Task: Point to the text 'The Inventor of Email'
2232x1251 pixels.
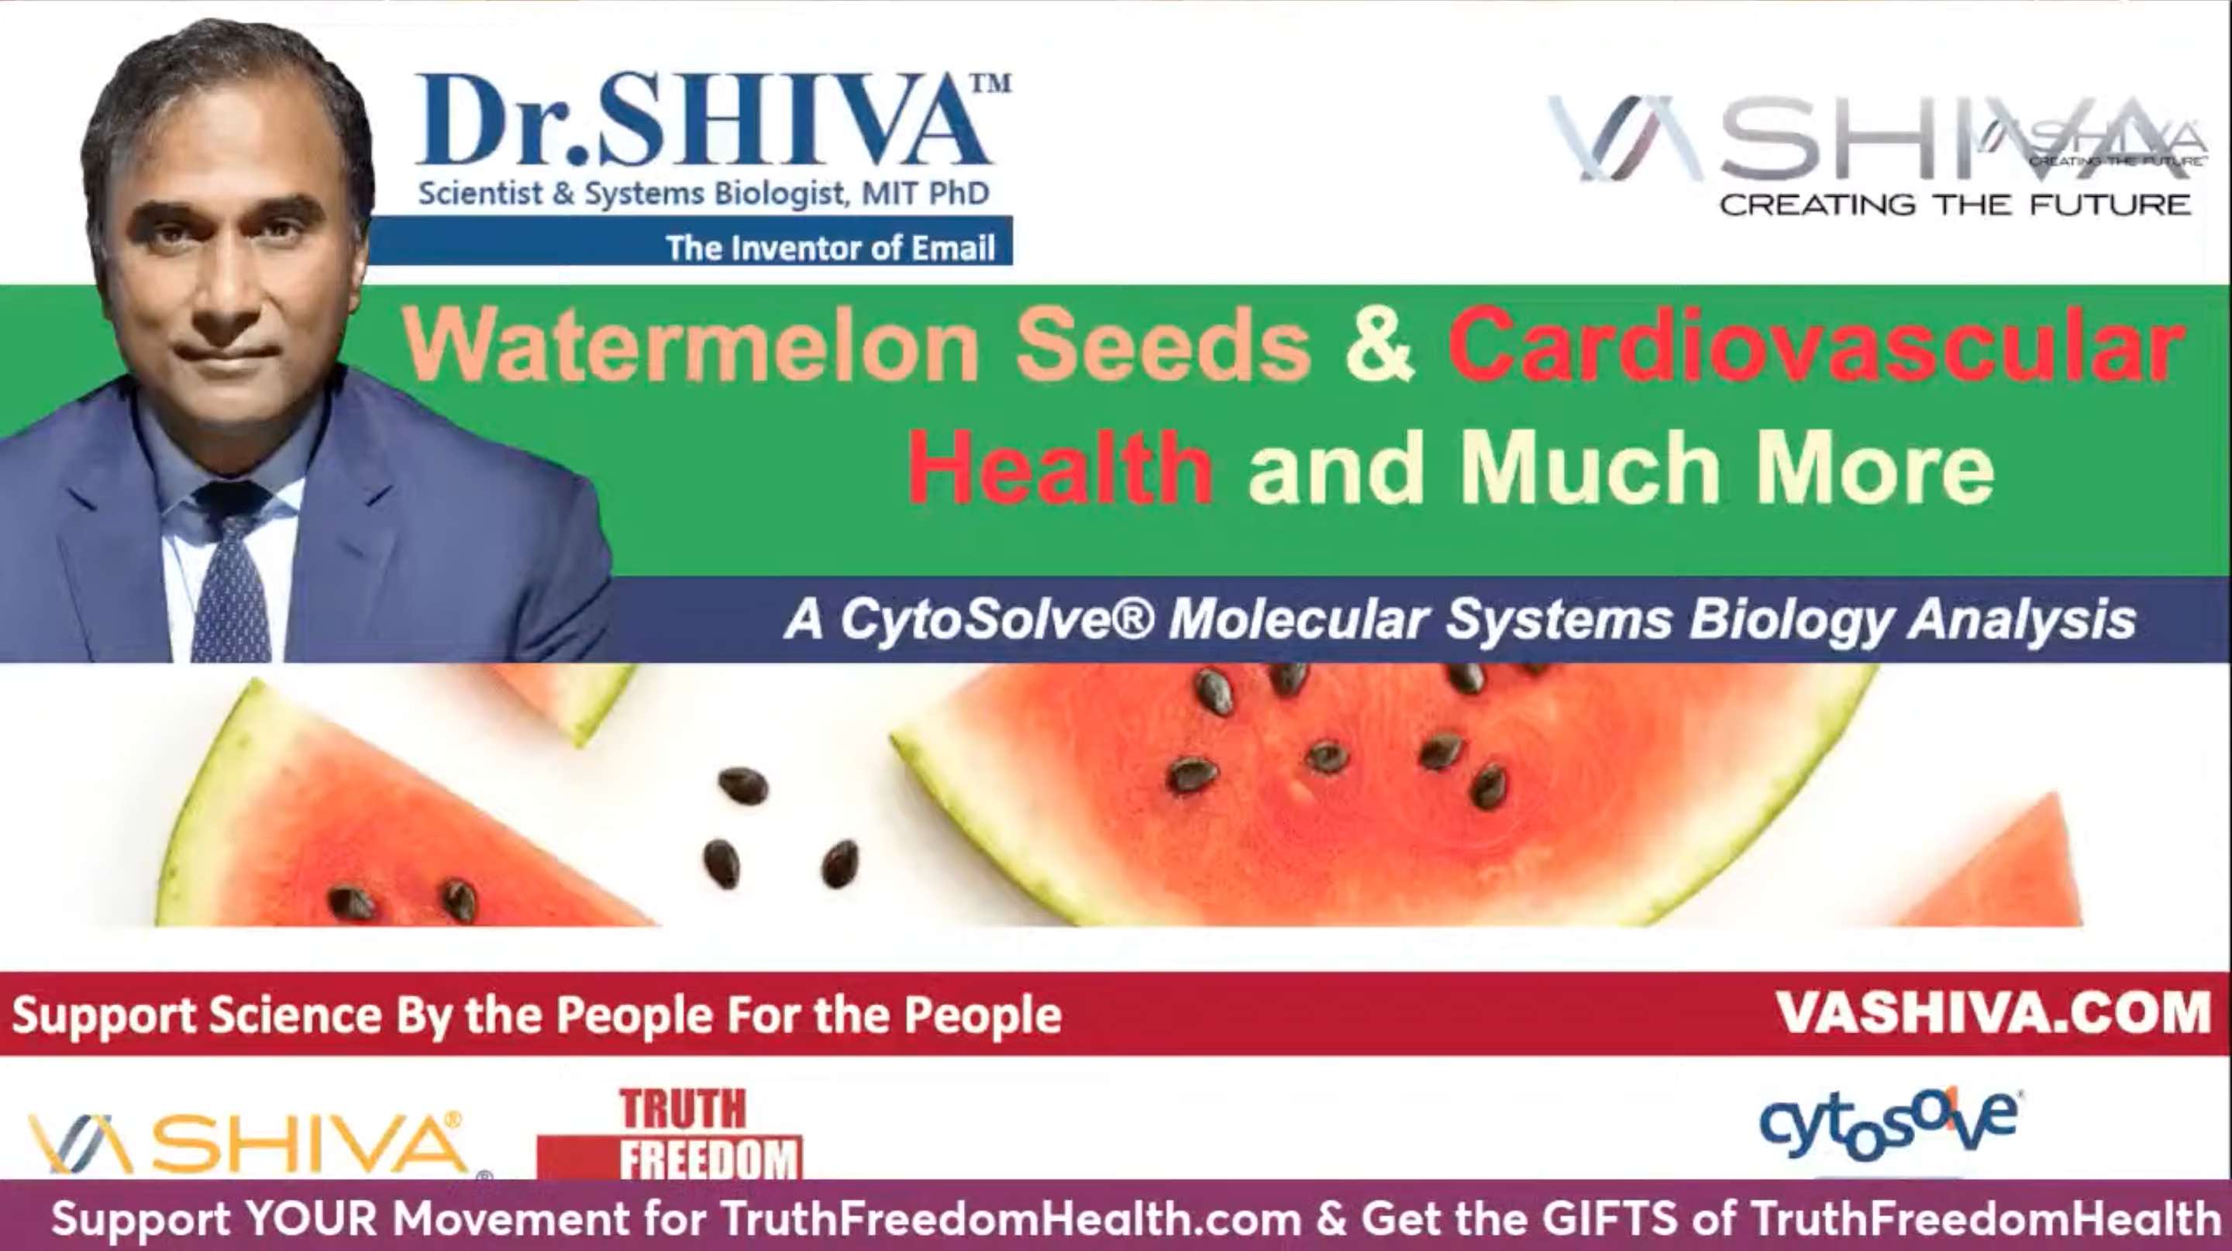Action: click(830, 249)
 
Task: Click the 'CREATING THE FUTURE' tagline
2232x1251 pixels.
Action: click(1955, 205)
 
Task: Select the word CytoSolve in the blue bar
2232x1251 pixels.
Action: click(997, 620)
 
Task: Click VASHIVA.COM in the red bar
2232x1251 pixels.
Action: click(1993, 1012)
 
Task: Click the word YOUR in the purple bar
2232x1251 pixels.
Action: click(310, 1218)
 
